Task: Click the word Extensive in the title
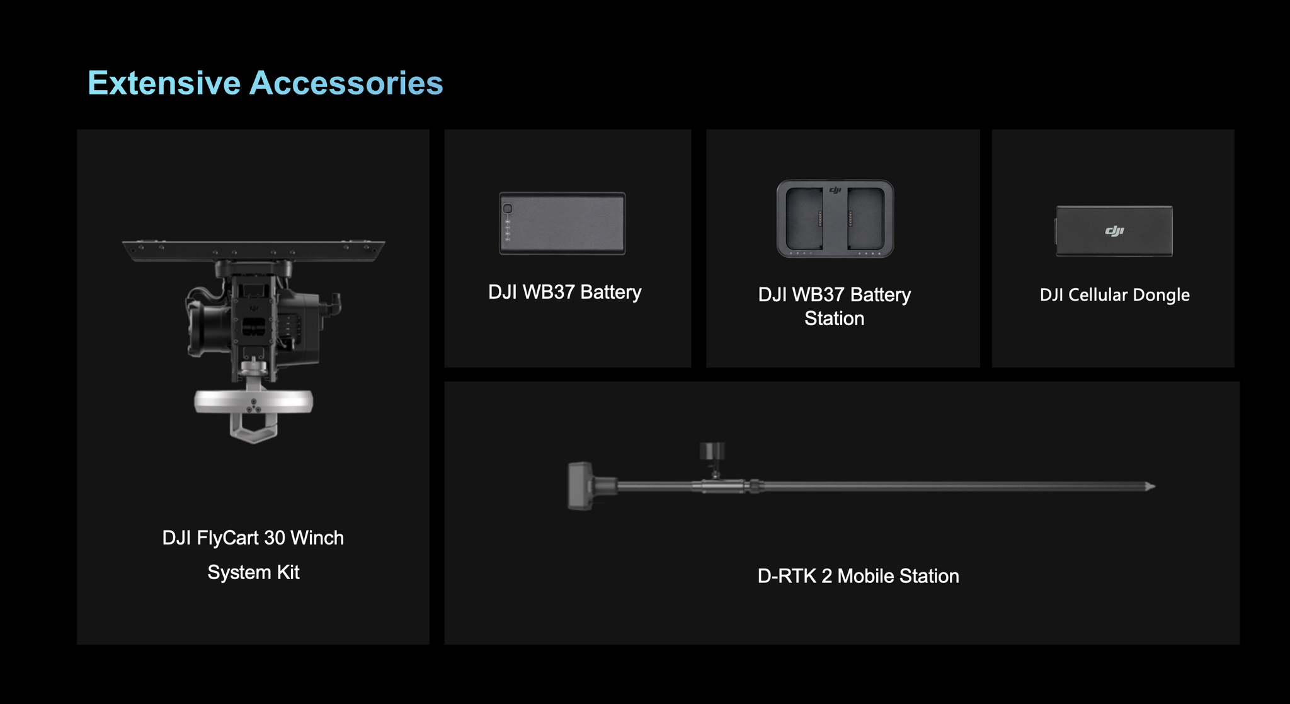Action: (164, 83)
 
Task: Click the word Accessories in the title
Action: (346, 83)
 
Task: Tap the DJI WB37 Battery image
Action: (562, 223)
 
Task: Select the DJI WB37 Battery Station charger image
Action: (835, 219)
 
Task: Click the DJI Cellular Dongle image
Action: (1114, 231)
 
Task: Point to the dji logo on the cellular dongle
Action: (1114, 231)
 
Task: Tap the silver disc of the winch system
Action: (253, 401)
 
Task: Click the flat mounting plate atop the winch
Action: (253, 250)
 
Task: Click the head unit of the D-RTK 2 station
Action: (581, 486)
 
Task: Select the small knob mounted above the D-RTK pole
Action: (712, 451)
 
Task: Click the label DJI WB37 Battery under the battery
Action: (564, 292)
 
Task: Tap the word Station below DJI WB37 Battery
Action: (834, 318)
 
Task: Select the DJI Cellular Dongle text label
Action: (1114, 294)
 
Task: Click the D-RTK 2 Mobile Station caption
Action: (858, 575)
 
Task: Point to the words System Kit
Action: (253, 572)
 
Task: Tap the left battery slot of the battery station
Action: (804, 218)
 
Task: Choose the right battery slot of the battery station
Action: (865, 218)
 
